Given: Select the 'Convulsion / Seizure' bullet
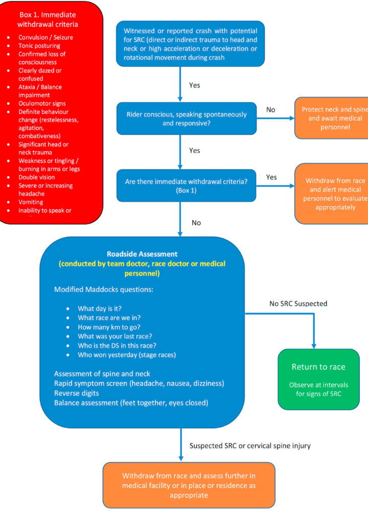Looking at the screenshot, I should [43, 37].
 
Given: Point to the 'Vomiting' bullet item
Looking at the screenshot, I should [31, 202].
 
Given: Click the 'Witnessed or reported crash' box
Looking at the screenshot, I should [190, 44].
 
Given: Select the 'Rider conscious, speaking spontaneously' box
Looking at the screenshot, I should [187, 118].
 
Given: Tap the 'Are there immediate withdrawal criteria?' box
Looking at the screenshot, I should [187, 185].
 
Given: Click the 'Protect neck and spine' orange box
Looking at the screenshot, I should [331, 118].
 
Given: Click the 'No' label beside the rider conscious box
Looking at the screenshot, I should [270, 110].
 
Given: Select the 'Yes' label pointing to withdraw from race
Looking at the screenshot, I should [271, 177].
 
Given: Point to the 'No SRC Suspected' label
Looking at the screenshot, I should [298, 304].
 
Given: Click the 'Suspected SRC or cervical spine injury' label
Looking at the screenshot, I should [250, 446].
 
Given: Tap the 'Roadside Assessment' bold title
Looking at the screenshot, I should [142, 254].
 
